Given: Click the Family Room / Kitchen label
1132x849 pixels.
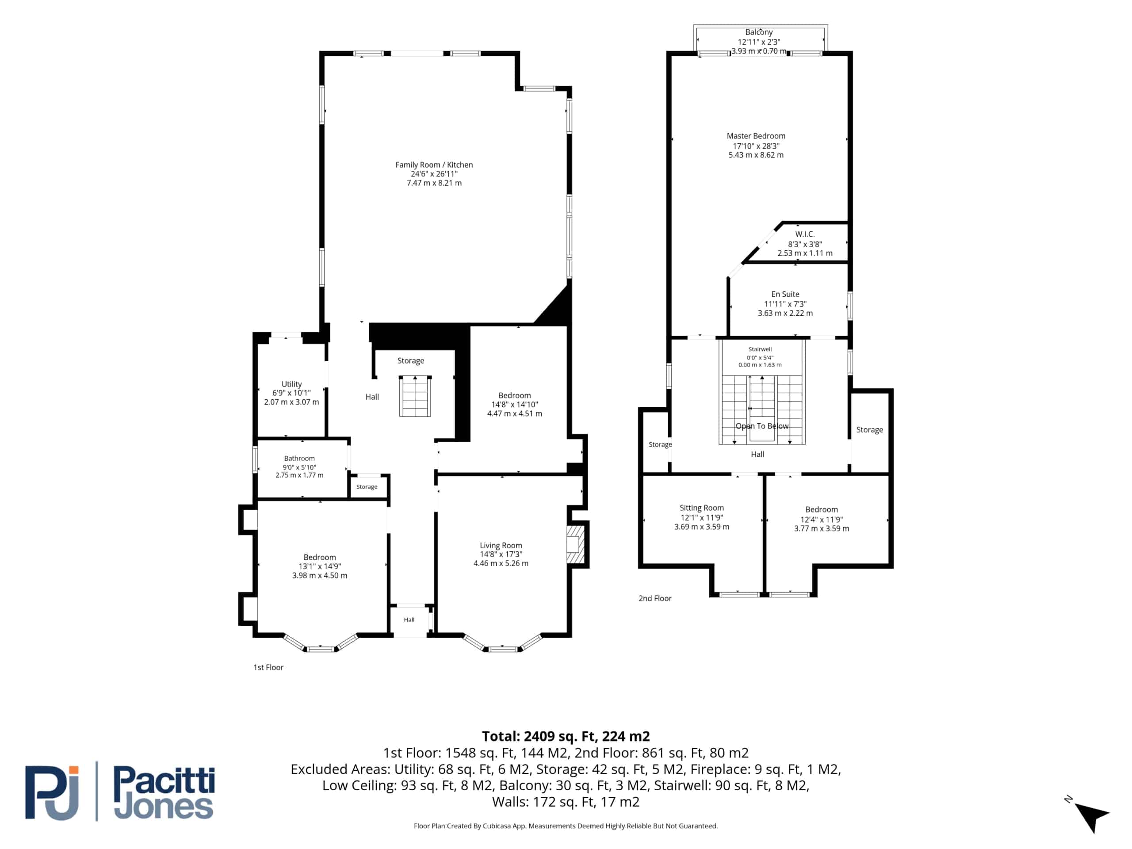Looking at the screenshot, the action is pyautogui.click(x=434, y=165).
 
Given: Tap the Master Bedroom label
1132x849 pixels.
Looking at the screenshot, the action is pyautogui.click(x=756, y=136).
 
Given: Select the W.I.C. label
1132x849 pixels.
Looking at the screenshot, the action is pyautogui.click(x=804, y=234).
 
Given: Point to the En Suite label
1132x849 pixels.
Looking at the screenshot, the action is pyautogui.click(x=785, y=294).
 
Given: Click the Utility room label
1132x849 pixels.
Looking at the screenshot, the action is pyautogui.click(x=292, y=384).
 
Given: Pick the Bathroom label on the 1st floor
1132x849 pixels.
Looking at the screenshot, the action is pyautogui.click(x=299, y=459).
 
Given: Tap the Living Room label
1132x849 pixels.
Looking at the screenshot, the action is pyautogui.click(x=501, y=546).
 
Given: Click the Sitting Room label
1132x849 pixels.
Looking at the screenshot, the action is pyautogui.click(x=702, y=508).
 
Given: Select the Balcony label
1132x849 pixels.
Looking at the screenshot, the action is pyautogui.click(x=759, y=32).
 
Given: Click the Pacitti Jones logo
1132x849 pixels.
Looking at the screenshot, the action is pyautogui.click(x=120, y=792).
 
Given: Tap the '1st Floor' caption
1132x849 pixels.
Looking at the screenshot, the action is pyautogui.click(x=268, y=667).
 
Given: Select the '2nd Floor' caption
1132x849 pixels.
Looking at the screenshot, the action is pyautogui.click(x=655, y=598).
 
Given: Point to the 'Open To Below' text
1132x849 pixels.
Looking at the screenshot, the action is pyautogui.click(x=762, y=426).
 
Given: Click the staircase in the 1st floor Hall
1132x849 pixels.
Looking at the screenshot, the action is pyautogui.click(x=415, y=396).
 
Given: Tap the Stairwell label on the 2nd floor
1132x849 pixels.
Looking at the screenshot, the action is pyautogui.click(x=760, y=349).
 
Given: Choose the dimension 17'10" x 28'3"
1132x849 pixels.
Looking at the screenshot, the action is pyautogui.click(x=756, y=146).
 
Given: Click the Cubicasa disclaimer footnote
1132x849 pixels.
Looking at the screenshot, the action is pyautogui.click(x=566, y=826).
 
